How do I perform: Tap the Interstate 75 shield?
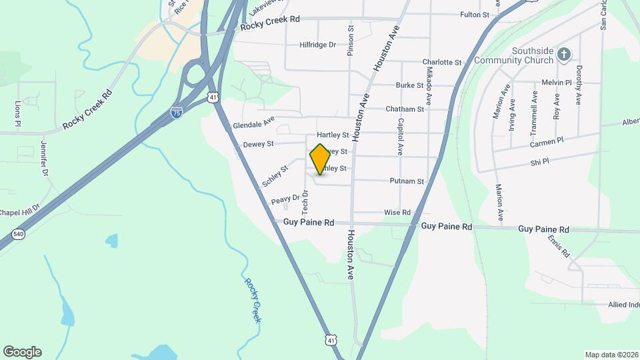click(177, 113)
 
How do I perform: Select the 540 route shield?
click(18, 234)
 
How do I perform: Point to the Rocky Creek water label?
click(252, 300)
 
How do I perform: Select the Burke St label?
click(409, 85)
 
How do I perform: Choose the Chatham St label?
click(405, 109)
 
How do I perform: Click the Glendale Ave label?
click(253, 125)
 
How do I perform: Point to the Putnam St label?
click(407, 181)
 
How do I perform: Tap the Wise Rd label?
click(397, 212)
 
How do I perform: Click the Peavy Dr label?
click(286, 199)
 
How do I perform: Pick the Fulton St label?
click(475, 15)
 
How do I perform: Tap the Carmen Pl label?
click(547, 142)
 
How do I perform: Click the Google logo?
click(22, 351)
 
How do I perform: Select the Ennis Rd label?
click(559, 246)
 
